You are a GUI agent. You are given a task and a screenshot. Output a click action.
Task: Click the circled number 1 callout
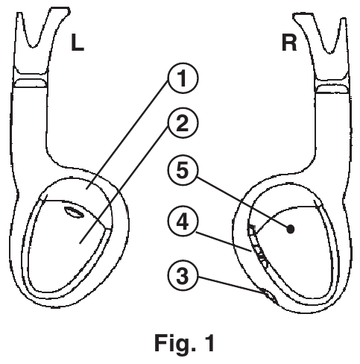click(x=183, y=78)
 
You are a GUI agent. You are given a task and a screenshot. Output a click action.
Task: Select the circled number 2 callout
click(x=183, y=124)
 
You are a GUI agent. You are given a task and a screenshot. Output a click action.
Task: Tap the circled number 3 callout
click(x=183, y=276)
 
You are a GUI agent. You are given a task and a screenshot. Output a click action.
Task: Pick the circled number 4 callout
click(x=183, y=222)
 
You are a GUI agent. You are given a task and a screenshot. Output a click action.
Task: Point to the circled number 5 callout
click(x=183, y=171)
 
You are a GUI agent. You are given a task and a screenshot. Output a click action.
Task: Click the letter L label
click(x=78, y=43)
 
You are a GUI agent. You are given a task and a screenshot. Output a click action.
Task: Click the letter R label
click(x=289, y=43)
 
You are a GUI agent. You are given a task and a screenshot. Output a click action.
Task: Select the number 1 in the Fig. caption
click(x=210, y=342)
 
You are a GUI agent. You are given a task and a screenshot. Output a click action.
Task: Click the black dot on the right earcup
click(x=291, y=229)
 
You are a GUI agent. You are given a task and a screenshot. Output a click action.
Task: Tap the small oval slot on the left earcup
click(x=73, y=212)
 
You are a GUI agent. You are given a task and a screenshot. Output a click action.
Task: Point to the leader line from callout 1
click(x=127, y=136)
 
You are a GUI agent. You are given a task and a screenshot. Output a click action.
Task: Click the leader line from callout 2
click(x=124, y=185)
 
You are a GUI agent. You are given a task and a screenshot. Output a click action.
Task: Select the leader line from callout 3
click(x=234, y=287)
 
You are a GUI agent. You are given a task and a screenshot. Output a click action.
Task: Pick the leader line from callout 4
click(x=224, y=242)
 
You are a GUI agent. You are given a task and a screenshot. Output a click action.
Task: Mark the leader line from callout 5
click(x=243, y=202)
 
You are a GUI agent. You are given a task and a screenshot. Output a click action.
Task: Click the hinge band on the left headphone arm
click(x=31, y=83)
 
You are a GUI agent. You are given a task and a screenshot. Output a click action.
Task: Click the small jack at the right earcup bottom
click(x=269, y=296)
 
